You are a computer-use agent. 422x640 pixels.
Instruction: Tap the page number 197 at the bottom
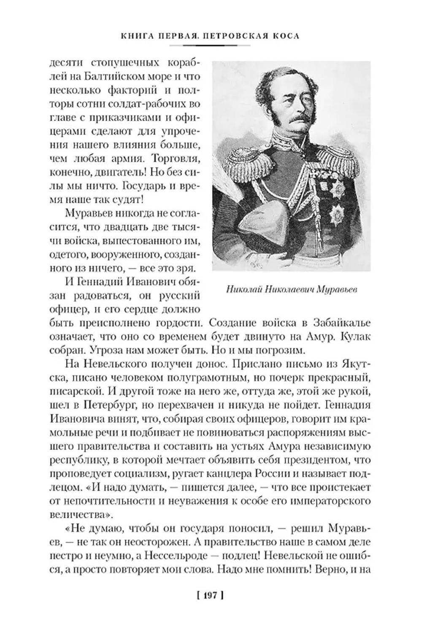(210, 595)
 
